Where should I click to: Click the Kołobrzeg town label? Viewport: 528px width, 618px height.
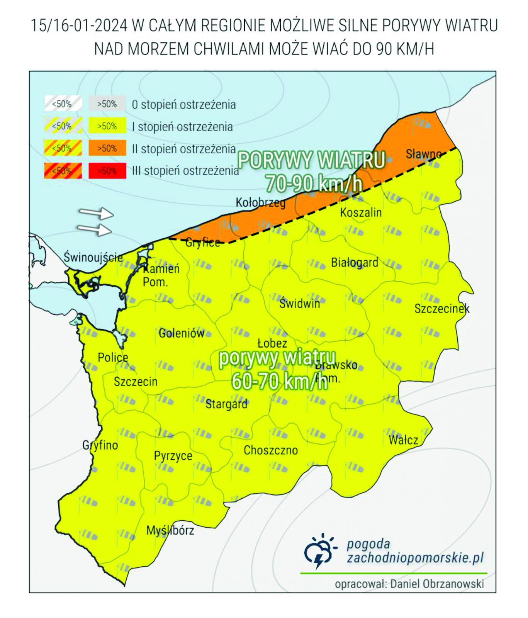click(x=261, y=202)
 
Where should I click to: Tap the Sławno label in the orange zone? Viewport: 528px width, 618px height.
click(x=423, y=154)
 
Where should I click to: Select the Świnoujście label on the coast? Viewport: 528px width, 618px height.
click(x=93, y=257)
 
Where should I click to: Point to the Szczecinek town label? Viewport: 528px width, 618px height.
click(x=441, y=309)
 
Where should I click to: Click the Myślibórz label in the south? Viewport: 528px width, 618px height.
click(x=170, y=530)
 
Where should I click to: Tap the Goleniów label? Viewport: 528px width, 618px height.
click(x=181, y=333)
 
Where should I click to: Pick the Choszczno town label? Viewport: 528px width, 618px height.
click(x=270, y=450)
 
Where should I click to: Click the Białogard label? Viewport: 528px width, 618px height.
click(x=354, y=263)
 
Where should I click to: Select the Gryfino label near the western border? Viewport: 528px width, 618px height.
click(x=100, y=445)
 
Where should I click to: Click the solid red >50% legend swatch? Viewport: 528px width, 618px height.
click(x=107, y=171)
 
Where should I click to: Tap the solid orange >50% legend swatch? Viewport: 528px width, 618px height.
click(x=107, y=148)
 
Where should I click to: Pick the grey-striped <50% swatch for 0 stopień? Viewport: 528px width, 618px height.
click(x=63, y=104)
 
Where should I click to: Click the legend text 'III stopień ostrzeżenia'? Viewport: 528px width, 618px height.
click(x=185, y=171)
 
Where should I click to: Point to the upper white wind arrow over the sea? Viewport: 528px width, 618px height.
click(x=96, y=213)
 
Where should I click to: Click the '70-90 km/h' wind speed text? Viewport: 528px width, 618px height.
click(x=314, y=184)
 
